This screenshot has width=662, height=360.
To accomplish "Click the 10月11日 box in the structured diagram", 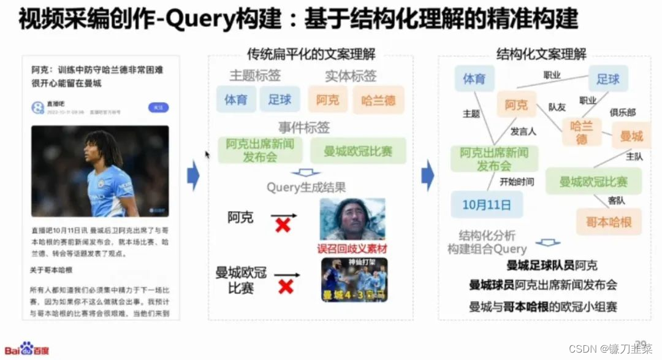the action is [487, 204].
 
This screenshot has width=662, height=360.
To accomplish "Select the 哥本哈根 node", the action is [609, 221].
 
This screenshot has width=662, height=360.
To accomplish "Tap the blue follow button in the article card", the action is [158, 107].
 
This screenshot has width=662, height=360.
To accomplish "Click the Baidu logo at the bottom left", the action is [27, 349].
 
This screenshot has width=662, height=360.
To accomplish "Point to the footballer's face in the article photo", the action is [99, 151].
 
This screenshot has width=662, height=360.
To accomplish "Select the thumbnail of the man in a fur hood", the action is [352, 218].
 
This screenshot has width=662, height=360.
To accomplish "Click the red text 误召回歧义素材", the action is [352, 249].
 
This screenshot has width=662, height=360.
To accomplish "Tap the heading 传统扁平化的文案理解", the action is [311, 53].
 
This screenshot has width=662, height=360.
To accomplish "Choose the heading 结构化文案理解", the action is [541, 53].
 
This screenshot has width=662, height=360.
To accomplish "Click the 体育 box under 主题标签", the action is [236, 99].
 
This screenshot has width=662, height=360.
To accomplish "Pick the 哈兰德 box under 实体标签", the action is [378, 99].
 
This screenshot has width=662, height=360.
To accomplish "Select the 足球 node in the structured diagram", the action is [608, 79].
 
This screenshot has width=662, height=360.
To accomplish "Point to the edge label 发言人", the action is [523, 131].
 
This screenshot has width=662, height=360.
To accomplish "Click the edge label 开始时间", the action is [517, 182].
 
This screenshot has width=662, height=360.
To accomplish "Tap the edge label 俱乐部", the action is [622, 113].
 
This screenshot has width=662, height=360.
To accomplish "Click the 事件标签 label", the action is [304, 128].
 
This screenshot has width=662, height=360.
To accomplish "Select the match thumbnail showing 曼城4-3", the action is [354, 280].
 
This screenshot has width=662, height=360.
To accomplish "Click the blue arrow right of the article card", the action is [192, 175].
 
